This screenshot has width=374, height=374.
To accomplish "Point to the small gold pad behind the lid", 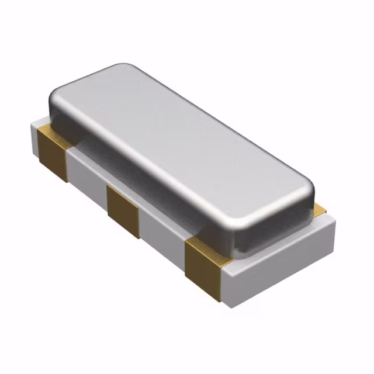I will [319, 208].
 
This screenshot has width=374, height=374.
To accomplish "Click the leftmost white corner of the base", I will [32, 124].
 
